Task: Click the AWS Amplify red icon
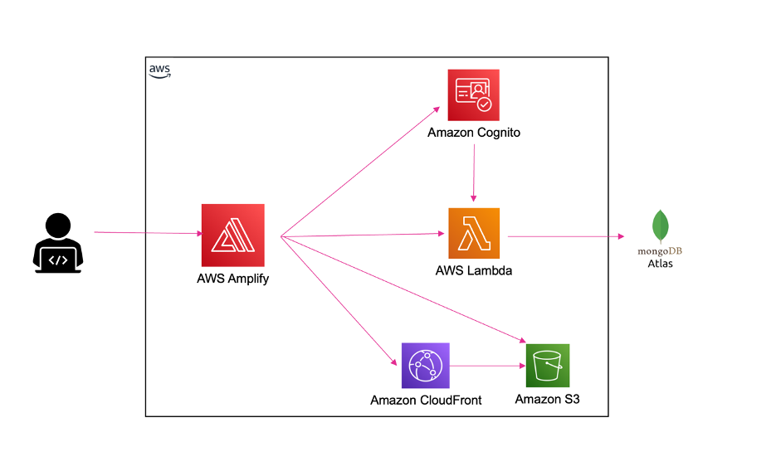pos(232,235)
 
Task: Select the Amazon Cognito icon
pos(473,95)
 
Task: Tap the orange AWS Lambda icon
pos(474,233)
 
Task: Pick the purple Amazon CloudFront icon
pos(426,366)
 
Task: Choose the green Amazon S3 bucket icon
pos(548,366)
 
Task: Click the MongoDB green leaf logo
pos(661,226)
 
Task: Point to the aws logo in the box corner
pos(160,71)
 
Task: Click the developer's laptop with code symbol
pos(58,260)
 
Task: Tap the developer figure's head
pos(58,226)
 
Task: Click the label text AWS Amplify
pos(232,279)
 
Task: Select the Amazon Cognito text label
pos(474,133)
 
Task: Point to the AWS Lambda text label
pos(474,270)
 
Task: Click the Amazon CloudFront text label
pos(426,400)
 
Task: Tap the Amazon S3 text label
pos(548,399)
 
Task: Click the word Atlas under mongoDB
pos(660,264)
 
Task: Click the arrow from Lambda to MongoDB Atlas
pos(566,236)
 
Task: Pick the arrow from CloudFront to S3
pos(488,366)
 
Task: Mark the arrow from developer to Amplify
pos(149,232)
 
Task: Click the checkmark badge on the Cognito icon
pos(484,104)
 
